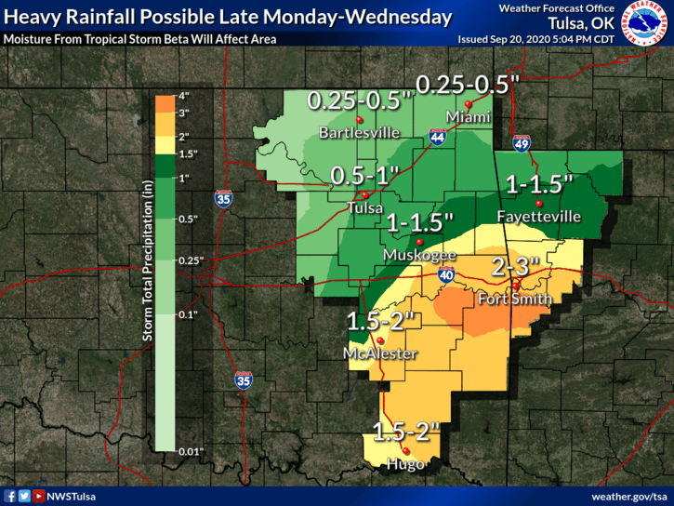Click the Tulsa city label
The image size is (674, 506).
coord(363,208)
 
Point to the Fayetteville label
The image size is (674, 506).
coord(538,217)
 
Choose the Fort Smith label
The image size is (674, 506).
coord(514,300)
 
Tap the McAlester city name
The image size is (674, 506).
coord(379,353)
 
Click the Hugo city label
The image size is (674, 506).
coord(407,463)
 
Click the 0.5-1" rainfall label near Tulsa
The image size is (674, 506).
coord(365,175)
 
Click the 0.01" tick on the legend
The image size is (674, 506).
coord(191,451)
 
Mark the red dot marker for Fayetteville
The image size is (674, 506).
coord(537,202)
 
